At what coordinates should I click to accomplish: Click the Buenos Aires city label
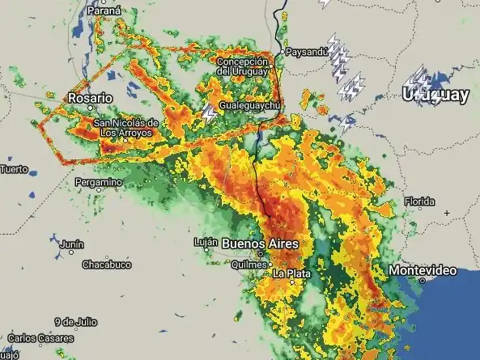[x=260, y=244]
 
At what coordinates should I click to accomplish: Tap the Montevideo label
[x=422, y=269]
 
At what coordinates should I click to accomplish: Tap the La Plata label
[x=291, y=273]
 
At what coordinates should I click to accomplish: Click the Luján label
[x=206, y=242]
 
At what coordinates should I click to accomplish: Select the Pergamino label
[x=99, y=182]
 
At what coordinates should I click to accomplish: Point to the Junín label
[x=71, y=244]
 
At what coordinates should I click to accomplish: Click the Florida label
[x=419, y=201]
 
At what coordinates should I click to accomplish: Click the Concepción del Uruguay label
[x=242, y=66]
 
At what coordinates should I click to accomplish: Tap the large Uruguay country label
[x=435, y=95]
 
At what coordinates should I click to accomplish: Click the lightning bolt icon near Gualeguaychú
[x=210, y=112]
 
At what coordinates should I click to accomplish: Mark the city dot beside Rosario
[x=90, y=108]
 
